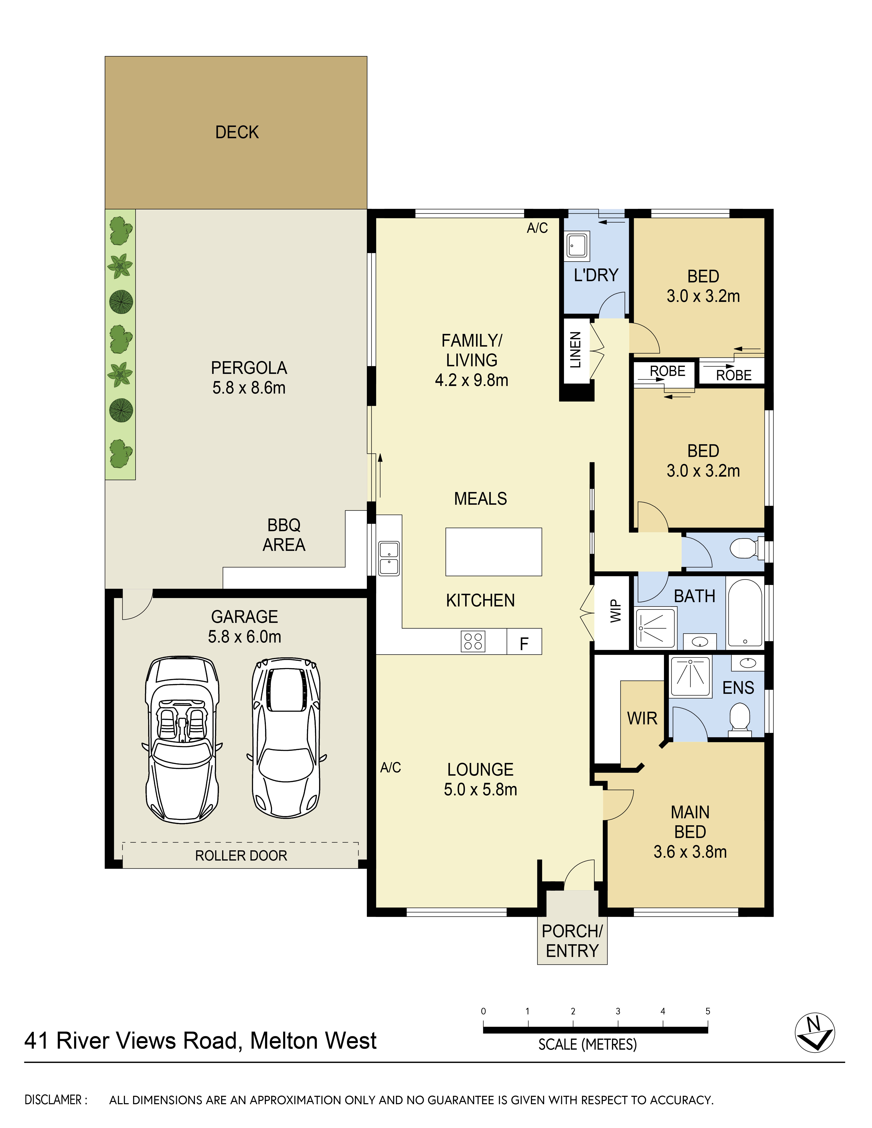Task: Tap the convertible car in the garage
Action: (182, 740)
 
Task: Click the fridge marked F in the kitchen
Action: (524, 642)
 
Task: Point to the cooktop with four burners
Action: (473, 642)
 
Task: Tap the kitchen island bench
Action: (493, 552)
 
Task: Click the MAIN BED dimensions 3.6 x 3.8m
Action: (690, 852)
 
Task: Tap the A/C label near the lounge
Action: (390, 767)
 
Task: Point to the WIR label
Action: (642, 718)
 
